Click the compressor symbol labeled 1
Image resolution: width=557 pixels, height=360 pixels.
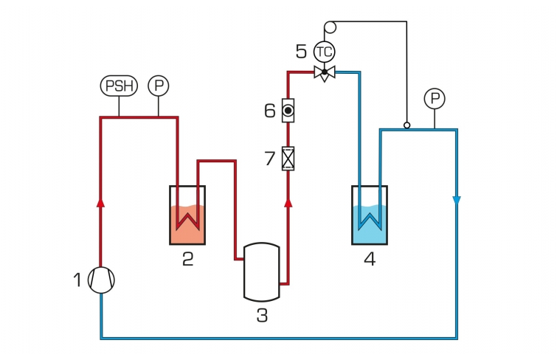point(101,280)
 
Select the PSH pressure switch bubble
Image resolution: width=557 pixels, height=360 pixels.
point(119,86)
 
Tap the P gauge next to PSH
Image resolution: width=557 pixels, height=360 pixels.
point(159,86)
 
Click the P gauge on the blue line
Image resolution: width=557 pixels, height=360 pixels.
point(435,98)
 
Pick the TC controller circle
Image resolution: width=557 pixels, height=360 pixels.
point(325,52)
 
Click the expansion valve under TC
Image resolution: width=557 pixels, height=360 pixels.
point(325,73)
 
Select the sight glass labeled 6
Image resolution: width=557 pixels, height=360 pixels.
point(288,111)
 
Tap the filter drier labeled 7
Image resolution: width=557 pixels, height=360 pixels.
point(288,159)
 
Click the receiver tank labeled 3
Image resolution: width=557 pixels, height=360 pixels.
point(262,272)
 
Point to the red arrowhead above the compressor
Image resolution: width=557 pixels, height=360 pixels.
point(101,203)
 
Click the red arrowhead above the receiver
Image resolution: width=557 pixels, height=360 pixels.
point(288,203)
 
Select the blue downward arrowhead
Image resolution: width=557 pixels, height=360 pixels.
point(457,201)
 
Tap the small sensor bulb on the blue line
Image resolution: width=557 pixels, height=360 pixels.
point(407,125)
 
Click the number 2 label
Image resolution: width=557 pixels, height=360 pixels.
point(188,259)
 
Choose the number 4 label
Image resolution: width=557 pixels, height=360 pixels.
point(370,259)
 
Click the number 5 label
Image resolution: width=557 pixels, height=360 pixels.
point(301,52)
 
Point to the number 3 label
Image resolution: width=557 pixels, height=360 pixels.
point(262,315)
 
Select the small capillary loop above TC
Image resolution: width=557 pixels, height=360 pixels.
point(331,27)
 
